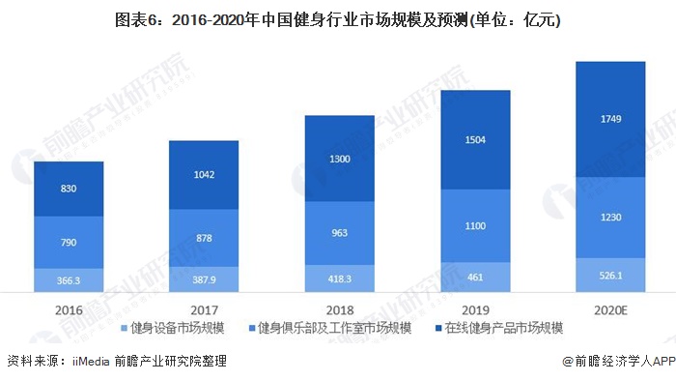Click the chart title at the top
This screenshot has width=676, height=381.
(338, 18)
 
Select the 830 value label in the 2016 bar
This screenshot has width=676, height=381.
(69, 189)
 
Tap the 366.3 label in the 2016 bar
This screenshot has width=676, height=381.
(69, 279)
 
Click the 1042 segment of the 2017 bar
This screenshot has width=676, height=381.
(204, 175)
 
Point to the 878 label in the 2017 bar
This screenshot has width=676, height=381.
(204, 238)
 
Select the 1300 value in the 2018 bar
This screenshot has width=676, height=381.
(339, 158)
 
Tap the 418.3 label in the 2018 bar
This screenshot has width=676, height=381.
(339, 278)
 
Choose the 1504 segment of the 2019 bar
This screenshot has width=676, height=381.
(474, 139)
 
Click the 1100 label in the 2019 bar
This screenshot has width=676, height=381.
(474, 225)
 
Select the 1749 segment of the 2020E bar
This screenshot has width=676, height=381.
(609, 119)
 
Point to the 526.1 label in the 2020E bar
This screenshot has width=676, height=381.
(609, 275)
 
